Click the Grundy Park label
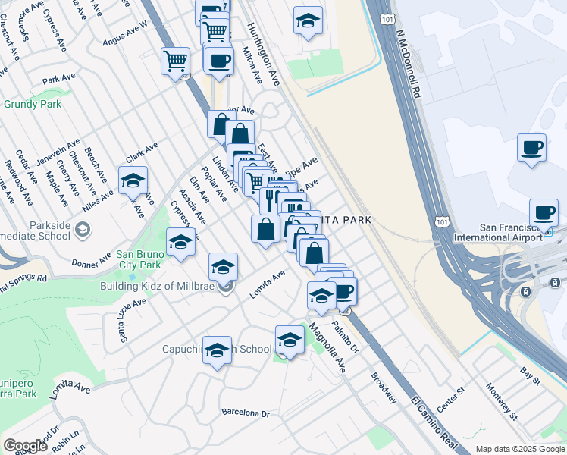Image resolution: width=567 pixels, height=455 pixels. point(33,105)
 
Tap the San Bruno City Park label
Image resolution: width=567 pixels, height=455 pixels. point(139,259)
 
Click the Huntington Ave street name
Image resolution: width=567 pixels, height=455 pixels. point(263,52)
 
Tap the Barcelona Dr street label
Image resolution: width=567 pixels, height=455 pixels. point(246,413)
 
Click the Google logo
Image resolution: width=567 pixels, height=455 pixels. point(25,446)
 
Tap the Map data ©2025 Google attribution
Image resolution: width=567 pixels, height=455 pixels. point(521,449)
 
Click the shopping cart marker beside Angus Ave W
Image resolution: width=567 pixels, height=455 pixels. point(175,61)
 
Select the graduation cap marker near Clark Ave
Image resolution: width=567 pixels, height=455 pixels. point(133,181)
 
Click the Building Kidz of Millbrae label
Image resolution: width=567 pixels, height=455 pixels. point(157,286)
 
